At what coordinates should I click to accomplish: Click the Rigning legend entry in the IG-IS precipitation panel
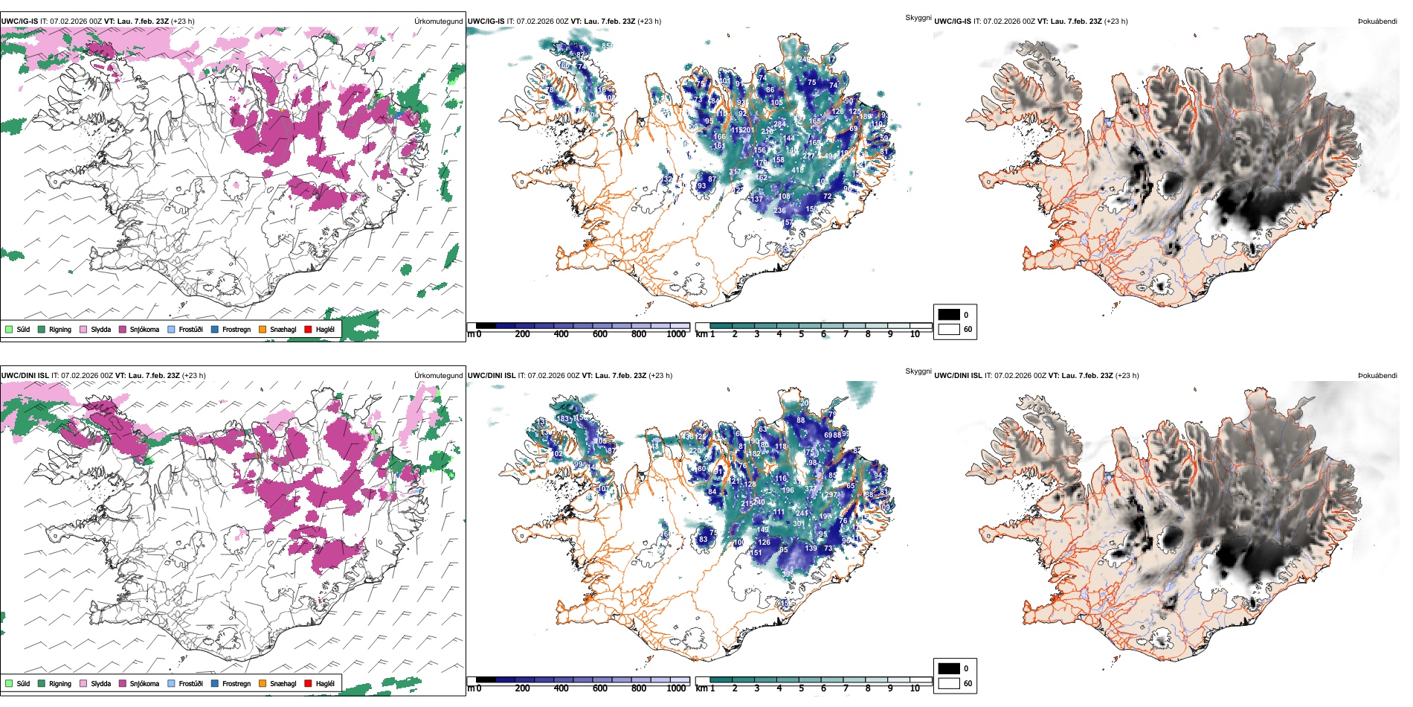coord(59,329)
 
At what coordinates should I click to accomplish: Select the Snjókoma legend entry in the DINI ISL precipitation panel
coord(144,683)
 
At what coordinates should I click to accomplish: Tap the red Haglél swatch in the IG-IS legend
coord(308,329)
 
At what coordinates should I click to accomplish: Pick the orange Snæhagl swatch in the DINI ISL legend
coord(263,683)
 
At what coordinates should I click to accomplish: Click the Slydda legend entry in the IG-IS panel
coord(100,329)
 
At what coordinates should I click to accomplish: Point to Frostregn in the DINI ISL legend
coord(236,683)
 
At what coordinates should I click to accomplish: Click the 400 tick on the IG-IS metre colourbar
coord(561,334)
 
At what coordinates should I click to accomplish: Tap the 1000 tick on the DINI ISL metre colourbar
coord(676,688)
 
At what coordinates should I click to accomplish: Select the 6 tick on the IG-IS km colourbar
coord(823,334)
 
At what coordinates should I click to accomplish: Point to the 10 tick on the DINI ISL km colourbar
coord(915,688)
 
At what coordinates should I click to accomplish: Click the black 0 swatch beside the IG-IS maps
coord(949,315)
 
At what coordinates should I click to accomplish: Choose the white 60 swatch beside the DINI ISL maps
coord(949,683)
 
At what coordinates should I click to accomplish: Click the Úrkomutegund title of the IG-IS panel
coord(438,22)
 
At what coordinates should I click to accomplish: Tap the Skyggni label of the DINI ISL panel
coord(918,371)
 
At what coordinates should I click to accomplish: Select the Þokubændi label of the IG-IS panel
coord(1377,22)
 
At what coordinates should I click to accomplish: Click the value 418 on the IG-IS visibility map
coord(797,170)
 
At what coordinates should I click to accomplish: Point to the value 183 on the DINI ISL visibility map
coord(563,419)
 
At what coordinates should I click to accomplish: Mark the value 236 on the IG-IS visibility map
coord(779,211)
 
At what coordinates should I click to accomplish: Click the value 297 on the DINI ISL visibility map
coord(831,495)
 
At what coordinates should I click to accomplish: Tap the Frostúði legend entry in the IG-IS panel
coord(190,329)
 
